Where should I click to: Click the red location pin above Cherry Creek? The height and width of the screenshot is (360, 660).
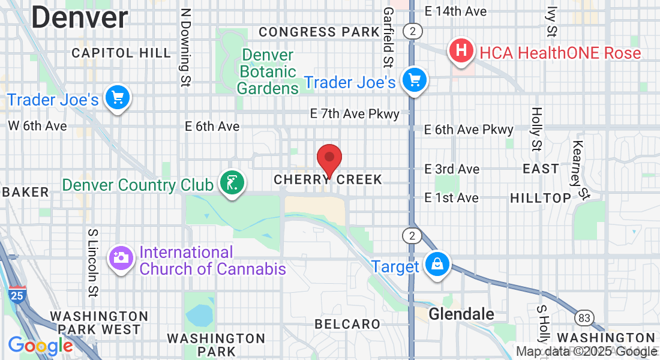coord(329,158)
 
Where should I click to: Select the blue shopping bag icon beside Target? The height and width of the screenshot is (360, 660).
coord(438,264)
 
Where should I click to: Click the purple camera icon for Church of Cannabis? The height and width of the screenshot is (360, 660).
coord(120,259)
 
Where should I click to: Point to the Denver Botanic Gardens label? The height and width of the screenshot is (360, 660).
coord(268,71)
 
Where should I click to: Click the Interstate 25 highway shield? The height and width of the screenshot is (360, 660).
coord(17,295)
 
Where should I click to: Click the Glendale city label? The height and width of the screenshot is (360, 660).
coord(461,314)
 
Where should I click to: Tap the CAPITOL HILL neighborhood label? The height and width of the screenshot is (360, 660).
coord(121,53)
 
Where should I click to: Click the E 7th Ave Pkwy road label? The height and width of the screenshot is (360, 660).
coord(355,113)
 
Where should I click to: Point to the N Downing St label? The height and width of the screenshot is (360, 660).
coord(185,47)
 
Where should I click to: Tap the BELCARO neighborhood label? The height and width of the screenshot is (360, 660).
coord(347,324)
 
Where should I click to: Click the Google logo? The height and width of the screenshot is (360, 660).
coord(40,346)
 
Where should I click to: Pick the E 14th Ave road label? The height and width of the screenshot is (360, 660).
coord(455,11)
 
